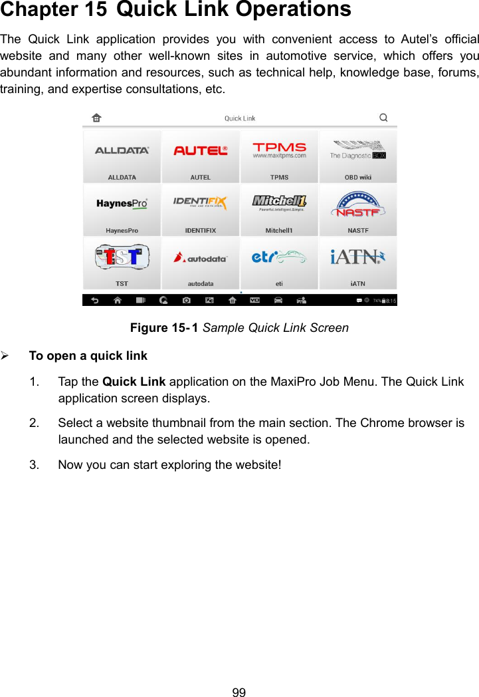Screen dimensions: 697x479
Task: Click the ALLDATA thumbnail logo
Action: coord(122,151)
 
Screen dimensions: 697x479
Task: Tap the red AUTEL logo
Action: coord(201,151)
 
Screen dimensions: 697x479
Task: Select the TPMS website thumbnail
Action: coord(279,150)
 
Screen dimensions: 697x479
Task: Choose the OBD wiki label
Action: coord(357,178)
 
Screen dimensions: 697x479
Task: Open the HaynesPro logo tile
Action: coord(122,204)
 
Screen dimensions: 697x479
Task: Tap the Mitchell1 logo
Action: coord(279,202)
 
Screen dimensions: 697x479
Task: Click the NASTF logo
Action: coord(357,204)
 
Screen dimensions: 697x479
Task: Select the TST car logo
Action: coord(122,256)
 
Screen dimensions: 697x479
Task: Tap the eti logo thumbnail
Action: coord(279,257)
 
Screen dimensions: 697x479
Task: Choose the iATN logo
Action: coord(357,257)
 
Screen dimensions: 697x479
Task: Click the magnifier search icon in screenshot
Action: coord(383,118)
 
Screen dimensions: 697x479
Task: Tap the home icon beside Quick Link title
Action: coord(96,118)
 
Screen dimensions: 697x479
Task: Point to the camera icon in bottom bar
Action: coord(187,301)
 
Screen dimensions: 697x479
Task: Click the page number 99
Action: coord(239,692)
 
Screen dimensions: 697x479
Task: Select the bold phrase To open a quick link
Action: coord(88,356)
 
